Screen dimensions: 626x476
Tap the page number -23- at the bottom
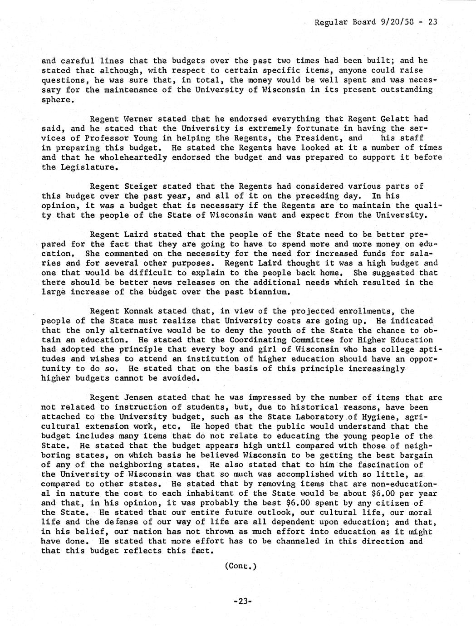coord(242,601)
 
